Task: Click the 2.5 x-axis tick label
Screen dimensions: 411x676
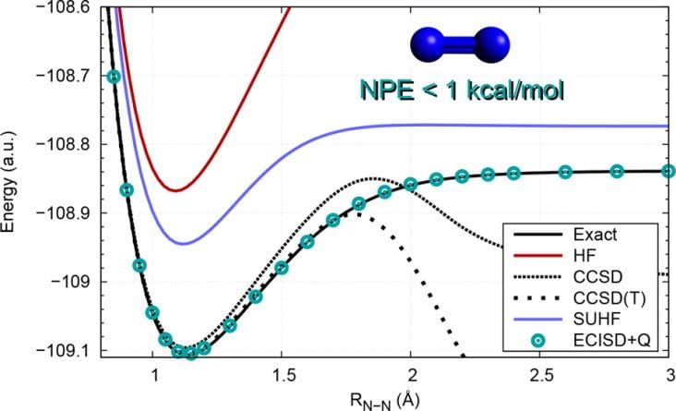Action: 539,378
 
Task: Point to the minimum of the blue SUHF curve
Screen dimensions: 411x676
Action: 182,244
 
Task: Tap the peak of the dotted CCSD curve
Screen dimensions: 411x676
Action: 372,178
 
